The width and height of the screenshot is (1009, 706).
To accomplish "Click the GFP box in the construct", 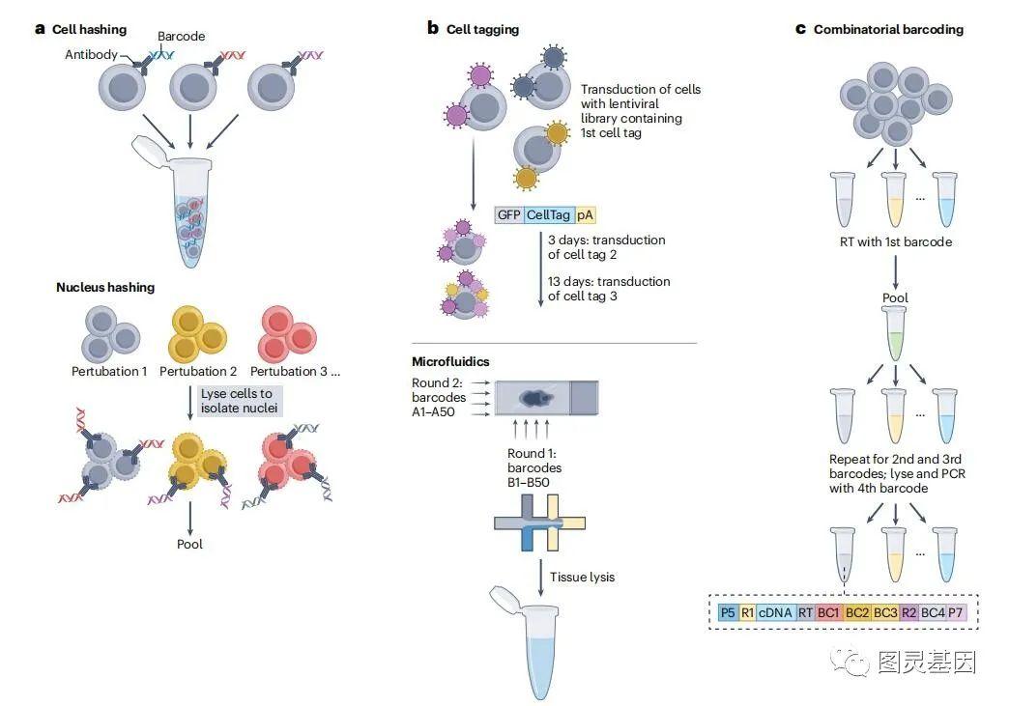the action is tap(509, 214).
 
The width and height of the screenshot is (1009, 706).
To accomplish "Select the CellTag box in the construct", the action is tap(549, 214).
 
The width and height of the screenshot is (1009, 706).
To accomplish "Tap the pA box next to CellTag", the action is tap(585, 214).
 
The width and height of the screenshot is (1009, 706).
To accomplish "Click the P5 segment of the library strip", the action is tap(728, 612).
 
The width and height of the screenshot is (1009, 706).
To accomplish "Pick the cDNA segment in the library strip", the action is tap(775, 612).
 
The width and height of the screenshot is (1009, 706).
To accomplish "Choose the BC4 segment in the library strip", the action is tap(933, 612).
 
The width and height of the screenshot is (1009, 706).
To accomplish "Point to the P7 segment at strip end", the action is tap(956, 612).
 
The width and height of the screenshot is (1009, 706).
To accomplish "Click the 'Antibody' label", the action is tap(92, 55).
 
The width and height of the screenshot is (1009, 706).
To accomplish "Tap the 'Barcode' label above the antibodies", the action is tap(182, 36).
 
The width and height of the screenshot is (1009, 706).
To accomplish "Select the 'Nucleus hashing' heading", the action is tap(105, 288).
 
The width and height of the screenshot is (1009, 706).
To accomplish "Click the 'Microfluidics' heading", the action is tap(450, 361).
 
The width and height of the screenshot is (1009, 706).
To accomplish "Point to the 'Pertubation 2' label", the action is tap(198, 371).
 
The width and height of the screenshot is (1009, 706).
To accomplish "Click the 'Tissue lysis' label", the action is tap(583, 577).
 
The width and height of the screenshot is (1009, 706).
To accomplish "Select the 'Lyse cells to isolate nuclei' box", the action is tap(239, 401).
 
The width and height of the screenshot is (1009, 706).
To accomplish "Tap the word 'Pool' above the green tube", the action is tap(895, 297).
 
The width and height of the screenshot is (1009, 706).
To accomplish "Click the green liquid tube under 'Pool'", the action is tap(895, 332).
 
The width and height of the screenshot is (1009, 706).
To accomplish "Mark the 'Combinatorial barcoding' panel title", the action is tap(888, 29).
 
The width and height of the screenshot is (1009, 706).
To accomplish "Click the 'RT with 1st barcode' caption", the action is tap(896, 241).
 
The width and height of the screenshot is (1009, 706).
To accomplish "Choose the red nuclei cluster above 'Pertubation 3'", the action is tap(287, 334).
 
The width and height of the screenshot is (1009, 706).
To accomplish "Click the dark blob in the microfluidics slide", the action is tap(535, 399).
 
